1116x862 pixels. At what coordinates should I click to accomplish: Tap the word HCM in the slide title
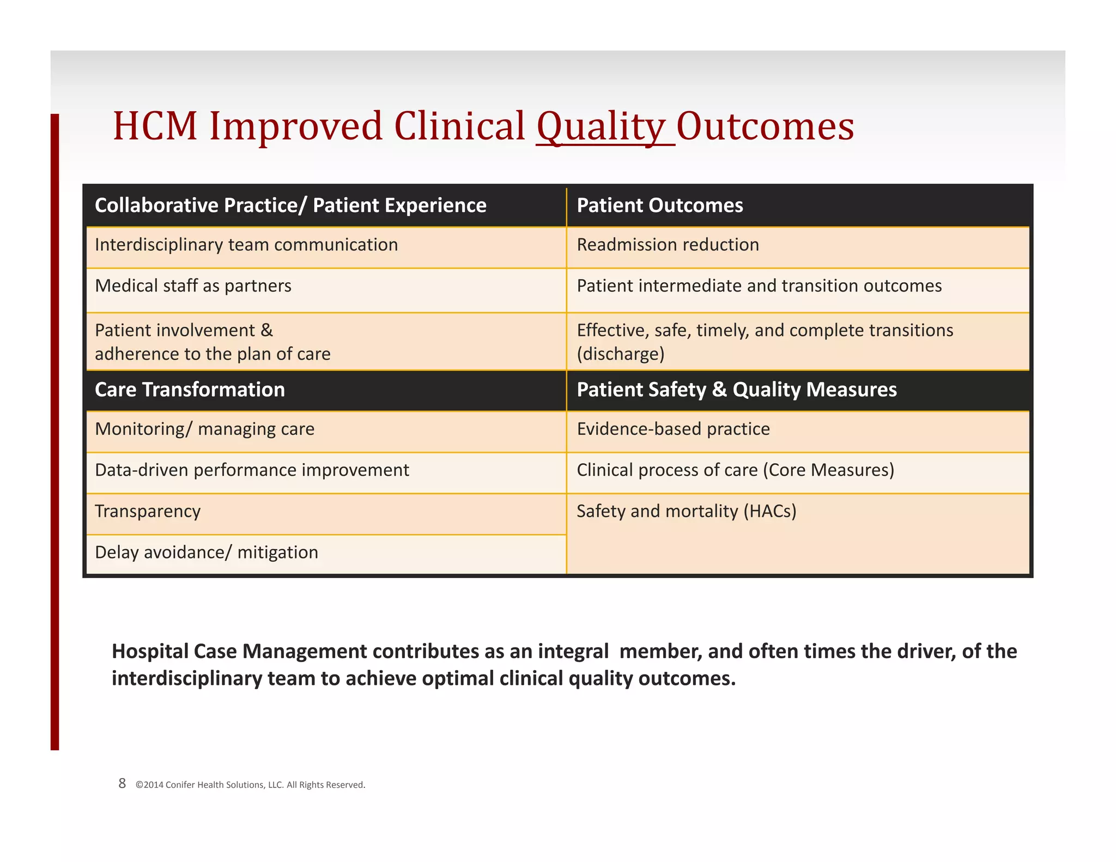(x=155, y=126)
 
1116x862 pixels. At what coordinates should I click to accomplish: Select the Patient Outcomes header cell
(x=659, y=205)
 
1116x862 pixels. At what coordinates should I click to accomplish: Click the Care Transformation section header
(x=190, y=390)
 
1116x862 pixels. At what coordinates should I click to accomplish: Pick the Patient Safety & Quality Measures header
(x=736, y=390)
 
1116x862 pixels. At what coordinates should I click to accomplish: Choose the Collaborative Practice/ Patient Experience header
(x=290, y=205)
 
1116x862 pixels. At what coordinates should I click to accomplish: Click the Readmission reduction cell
(x=668, y=245)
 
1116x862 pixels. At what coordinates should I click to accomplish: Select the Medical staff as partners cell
(x=193, y=286)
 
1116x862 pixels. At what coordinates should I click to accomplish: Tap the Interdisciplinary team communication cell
(x=246, y=245)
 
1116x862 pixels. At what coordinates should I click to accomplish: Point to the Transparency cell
(x=148, y=511)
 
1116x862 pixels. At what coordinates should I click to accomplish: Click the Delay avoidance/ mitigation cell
(x=207, y=553)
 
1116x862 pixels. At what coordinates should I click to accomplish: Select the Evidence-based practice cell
(x=673, y=429)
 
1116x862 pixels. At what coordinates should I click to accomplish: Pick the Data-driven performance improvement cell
(x=252, y=470)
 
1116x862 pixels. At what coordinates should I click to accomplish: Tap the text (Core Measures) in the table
(x=828, y=470)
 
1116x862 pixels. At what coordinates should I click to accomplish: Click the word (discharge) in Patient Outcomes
(x=621, y=354)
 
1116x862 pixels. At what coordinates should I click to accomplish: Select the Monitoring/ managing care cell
(x=204, y=429)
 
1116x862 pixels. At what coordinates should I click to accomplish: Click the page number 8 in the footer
(x=122, y=784)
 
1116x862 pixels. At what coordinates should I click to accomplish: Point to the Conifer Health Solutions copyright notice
(x=250, y=785)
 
